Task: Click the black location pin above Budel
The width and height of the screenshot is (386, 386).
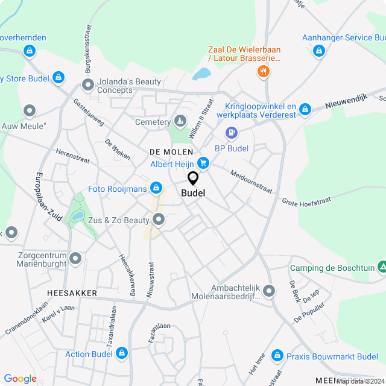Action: click(193, 179)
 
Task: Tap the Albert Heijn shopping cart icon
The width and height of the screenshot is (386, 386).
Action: click(203, 162)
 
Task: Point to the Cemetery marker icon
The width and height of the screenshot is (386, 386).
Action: click(180, 122)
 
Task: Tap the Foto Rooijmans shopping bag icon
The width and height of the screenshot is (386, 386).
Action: click(156, 188)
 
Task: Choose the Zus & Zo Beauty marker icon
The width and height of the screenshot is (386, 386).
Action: click(159, 220)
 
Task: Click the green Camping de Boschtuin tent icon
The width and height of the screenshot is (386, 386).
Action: click(382, 267)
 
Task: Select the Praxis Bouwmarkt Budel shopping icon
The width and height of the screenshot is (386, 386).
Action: click(277, 356)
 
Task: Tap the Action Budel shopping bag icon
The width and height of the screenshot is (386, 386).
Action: click(122, 353)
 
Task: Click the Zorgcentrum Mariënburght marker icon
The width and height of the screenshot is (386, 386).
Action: click(75, 258)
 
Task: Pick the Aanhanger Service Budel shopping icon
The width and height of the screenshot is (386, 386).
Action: click(319, 51)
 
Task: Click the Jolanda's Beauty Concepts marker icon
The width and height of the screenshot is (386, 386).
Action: click(88, 84)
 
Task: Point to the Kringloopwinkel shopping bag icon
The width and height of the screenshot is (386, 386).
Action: click(305, 109)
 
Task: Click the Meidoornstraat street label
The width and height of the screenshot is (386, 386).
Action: click(251, 181)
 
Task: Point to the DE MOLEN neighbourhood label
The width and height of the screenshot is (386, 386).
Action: click(171, 152)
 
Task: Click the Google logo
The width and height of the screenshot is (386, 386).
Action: click(20, 379)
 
